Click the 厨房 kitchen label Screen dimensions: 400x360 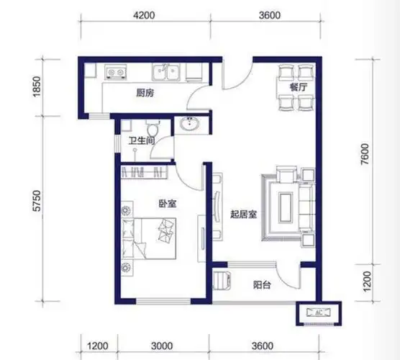point(145,93)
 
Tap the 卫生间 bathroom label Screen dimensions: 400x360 point(142,140)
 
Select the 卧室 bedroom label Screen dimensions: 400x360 point(168,204)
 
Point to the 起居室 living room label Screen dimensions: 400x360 point(243,215)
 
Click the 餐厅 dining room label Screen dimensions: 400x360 point(299,87)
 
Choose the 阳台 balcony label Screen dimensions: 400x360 point(262,284)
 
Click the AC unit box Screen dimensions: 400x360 point(319,312)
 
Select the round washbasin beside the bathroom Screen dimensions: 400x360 point(190,125)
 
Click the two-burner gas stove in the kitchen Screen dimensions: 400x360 point(116,72)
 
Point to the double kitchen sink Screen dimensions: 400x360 point(166,72)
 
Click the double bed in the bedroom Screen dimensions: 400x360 point(149,238)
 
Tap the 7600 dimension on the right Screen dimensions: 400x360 point(365,154)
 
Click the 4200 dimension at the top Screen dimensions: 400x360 point(144,15)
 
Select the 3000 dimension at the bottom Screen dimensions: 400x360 point(162,346)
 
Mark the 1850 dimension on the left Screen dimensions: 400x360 point(37,86)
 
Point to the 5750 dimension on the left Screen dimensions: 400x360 point(37,201)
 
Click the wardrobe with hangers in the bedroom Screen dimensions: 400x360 point(144,172)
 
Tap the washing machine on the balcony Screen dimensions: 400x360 point(222,280)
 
